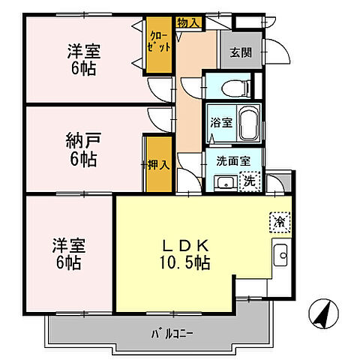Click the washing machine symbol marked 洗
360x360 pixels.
[249, 180]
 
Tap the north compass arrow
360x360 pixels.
[321, 313]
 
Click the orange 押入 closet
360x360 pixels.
[155, 165]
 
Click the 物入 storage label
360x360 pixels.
[188, 22]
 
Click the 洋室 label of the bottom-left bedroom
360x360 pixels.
[67, 246]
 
